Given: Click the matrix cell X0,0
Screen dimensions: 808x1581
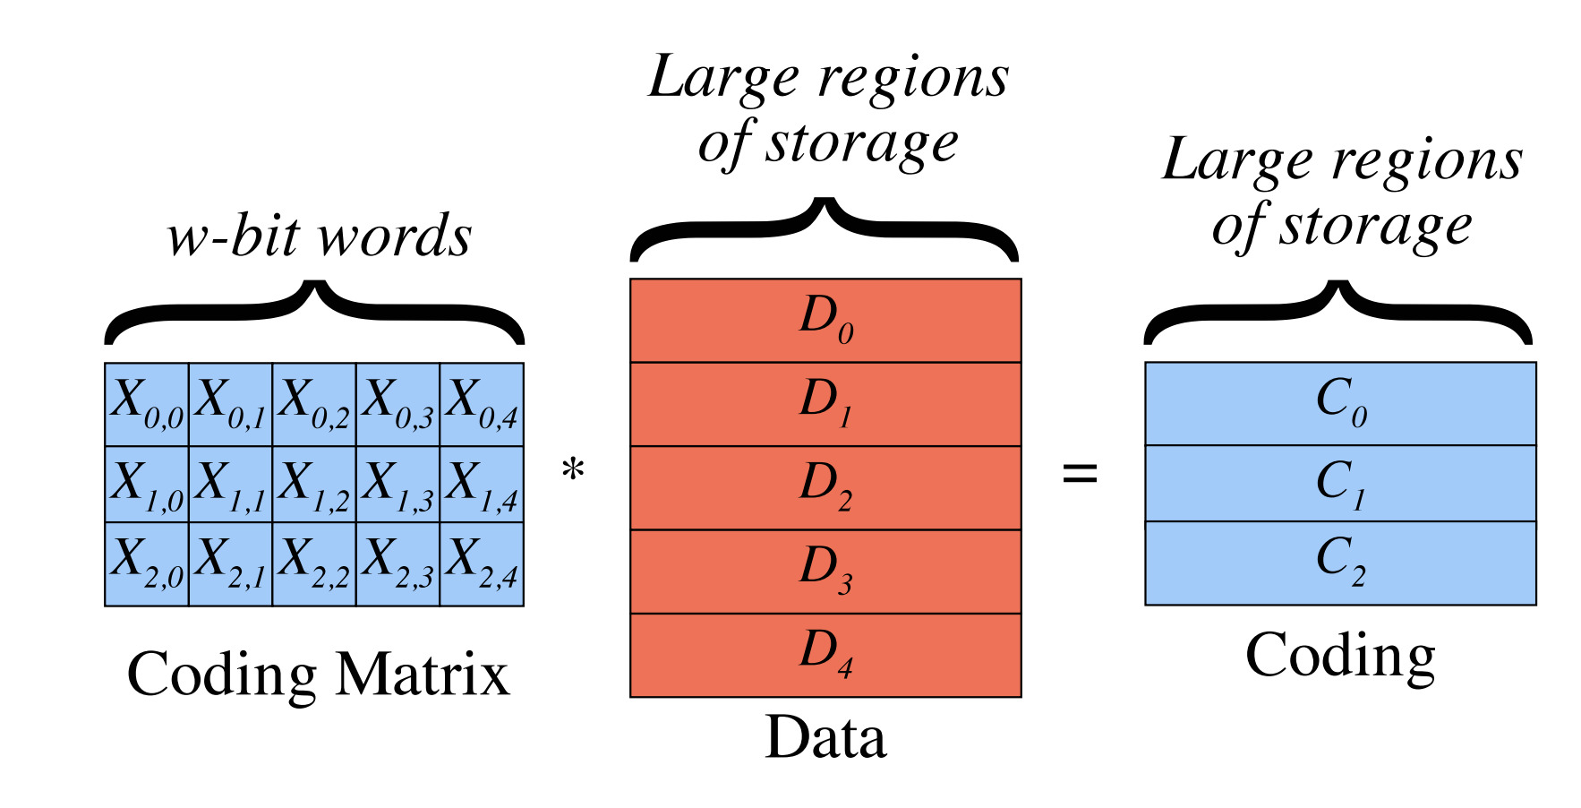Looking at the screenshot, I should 147,404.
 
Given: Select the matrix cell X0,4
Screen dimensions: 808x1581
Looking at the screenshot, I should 482,404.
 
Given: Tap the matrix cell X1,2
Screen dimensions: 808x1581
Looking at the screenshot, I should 314,484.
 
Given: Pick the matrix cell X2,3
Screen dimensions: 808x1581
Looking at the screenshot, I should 397,563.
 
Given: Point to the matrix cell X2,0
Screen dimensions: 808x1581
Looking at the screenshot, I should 147,563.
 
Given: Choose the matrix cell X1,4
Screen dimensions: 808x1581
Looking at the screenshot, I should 482,484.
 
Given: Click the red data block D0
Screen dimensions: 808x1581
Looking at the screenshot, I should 825,320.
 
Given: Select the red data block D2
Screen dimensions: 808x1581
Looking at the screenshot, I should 825,487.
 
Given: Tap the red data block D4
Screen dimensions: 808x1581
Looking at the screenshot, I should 825,655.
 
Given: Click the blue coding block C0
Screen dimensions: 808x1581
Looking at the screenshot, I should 1340,403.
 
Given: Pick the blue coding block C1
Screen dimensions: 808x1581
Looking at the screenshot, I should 1340,484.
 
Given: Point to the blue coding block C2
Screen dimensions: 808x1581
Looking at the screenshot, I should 1340,563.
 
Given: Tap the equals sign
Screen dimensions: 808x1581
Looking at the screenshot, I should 1080,473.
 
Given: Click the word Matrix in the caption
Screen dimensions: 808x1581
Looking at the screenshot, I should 422,675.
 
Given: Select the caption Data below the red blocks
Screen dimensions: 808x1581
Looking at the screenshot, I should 825,738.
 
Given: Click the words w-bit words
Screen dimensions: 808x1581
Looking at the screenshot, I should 319,237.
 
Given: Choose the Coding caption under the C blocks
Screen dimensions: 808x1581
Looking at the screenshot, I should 1340,657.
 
